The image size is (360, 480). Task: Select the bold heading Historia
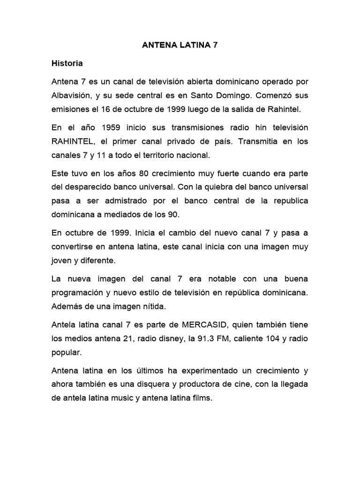[67, 63]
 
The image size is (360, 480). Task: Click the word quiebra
[223, 187]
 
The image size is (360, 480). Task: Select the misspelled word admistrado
[124, 201]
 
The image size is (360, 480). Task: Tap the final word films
[201, 398]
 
